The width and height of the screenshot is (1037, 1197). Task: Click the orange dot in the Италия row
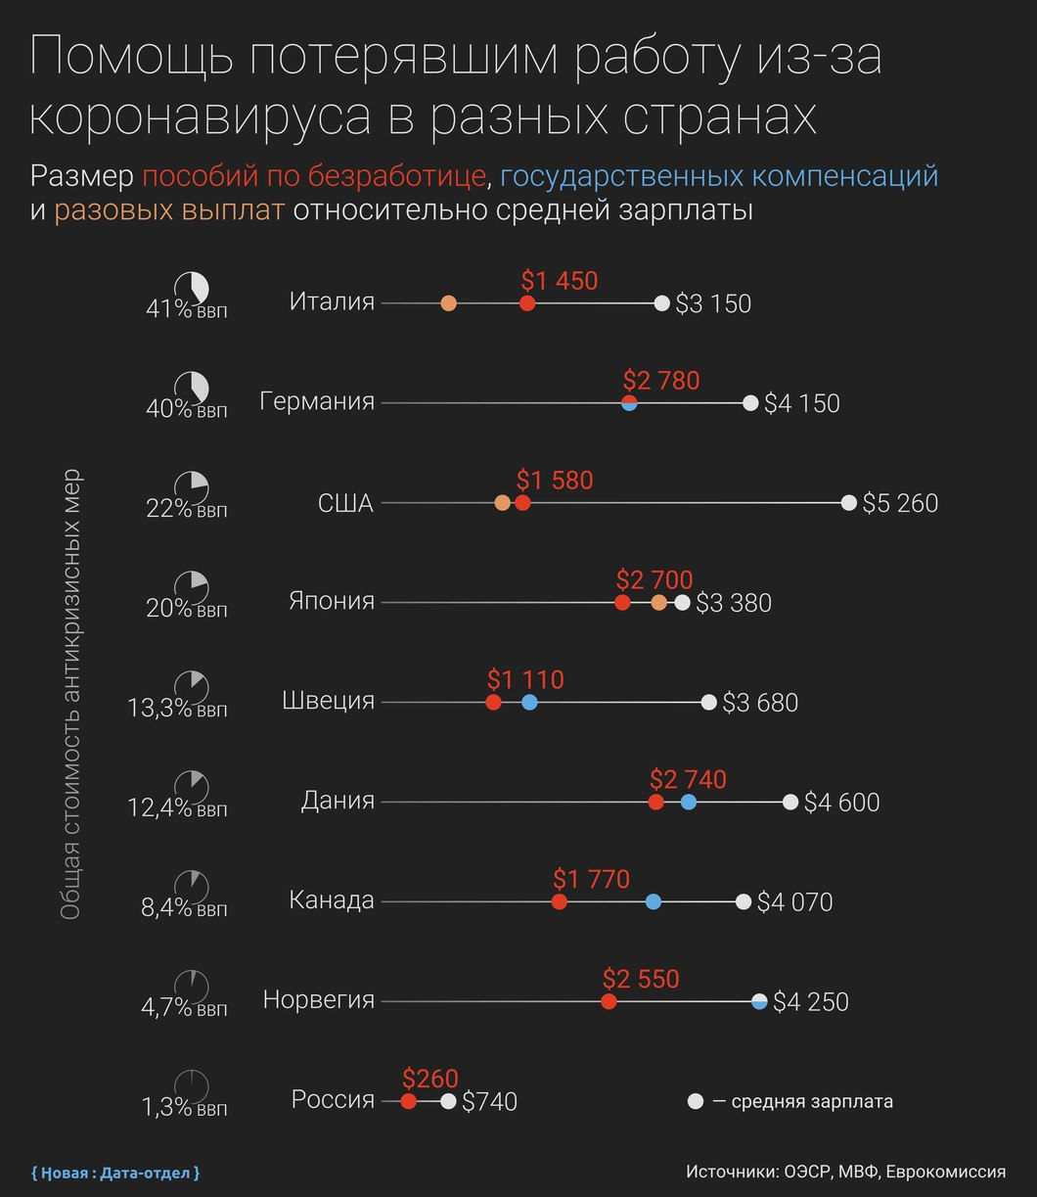pos(448,303)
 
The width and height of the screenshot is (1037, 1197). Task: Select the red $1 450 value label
pos(559,281)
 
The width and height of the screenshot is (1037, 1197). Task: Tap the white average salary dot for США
pos(847,503)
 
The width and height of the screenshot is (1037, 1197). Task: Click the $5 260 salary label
pos(900,503)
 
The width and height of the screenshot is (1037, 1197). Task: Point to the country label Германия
pos(317,401)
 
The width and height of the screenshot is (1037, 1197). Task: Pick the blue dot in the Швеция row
pos(529,702)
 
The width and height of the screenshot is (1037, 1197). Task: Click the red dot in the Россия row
pos(408,1101)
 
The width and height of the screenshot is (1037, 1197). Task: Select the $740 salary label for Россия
pos(489,1102)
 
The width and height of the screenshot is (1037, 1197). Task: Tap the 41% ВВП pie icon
pos(192,288)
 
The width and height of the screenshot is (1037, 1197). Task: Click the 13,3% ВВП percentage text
pos(159,708)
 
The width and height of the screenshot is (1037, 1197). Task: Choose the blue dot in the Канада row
pos(654,901)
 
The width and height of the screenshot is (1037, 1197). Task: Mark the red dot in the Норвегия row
pos(609,1001)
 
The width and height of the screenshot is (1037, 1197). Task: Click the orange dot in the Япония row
pos(658,602)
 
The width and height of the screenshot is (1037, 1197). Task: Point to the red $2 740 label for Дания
pos(688,779)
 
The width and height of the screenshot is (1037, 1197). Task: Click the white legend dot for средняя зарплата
pos(696,1101)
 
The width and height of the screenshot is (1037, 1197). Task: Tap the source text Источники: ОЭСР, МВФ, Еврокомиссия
pos(845,1172)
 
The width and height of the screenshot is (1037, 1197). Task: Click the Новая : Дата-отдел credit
pos(115,1172)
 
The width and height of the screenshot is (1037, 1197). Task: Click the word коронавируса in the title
pos(201,116)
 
